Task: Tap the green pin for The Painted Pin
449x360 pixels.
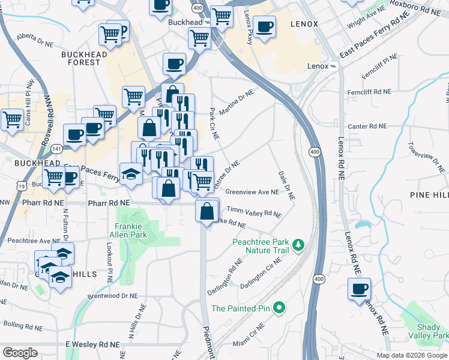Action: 278,308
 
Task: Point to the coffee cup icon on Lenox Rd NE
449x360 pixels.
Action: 359,289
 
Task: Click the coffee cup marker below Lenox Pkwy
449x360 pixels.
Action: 264,27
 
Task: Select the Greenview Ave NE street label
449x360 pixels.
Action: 252,193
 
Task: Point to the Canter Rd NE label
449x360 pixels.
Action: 367,127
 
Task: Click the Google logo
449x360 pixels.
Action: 20,353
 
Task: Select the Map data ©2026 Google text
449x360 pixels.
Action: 412,355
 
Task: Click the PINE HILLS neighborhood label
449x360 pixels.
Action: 429,195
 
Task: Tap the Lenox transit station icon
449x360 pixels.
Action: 333,66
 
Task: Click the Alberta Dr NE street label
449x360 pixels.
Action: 35,37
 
